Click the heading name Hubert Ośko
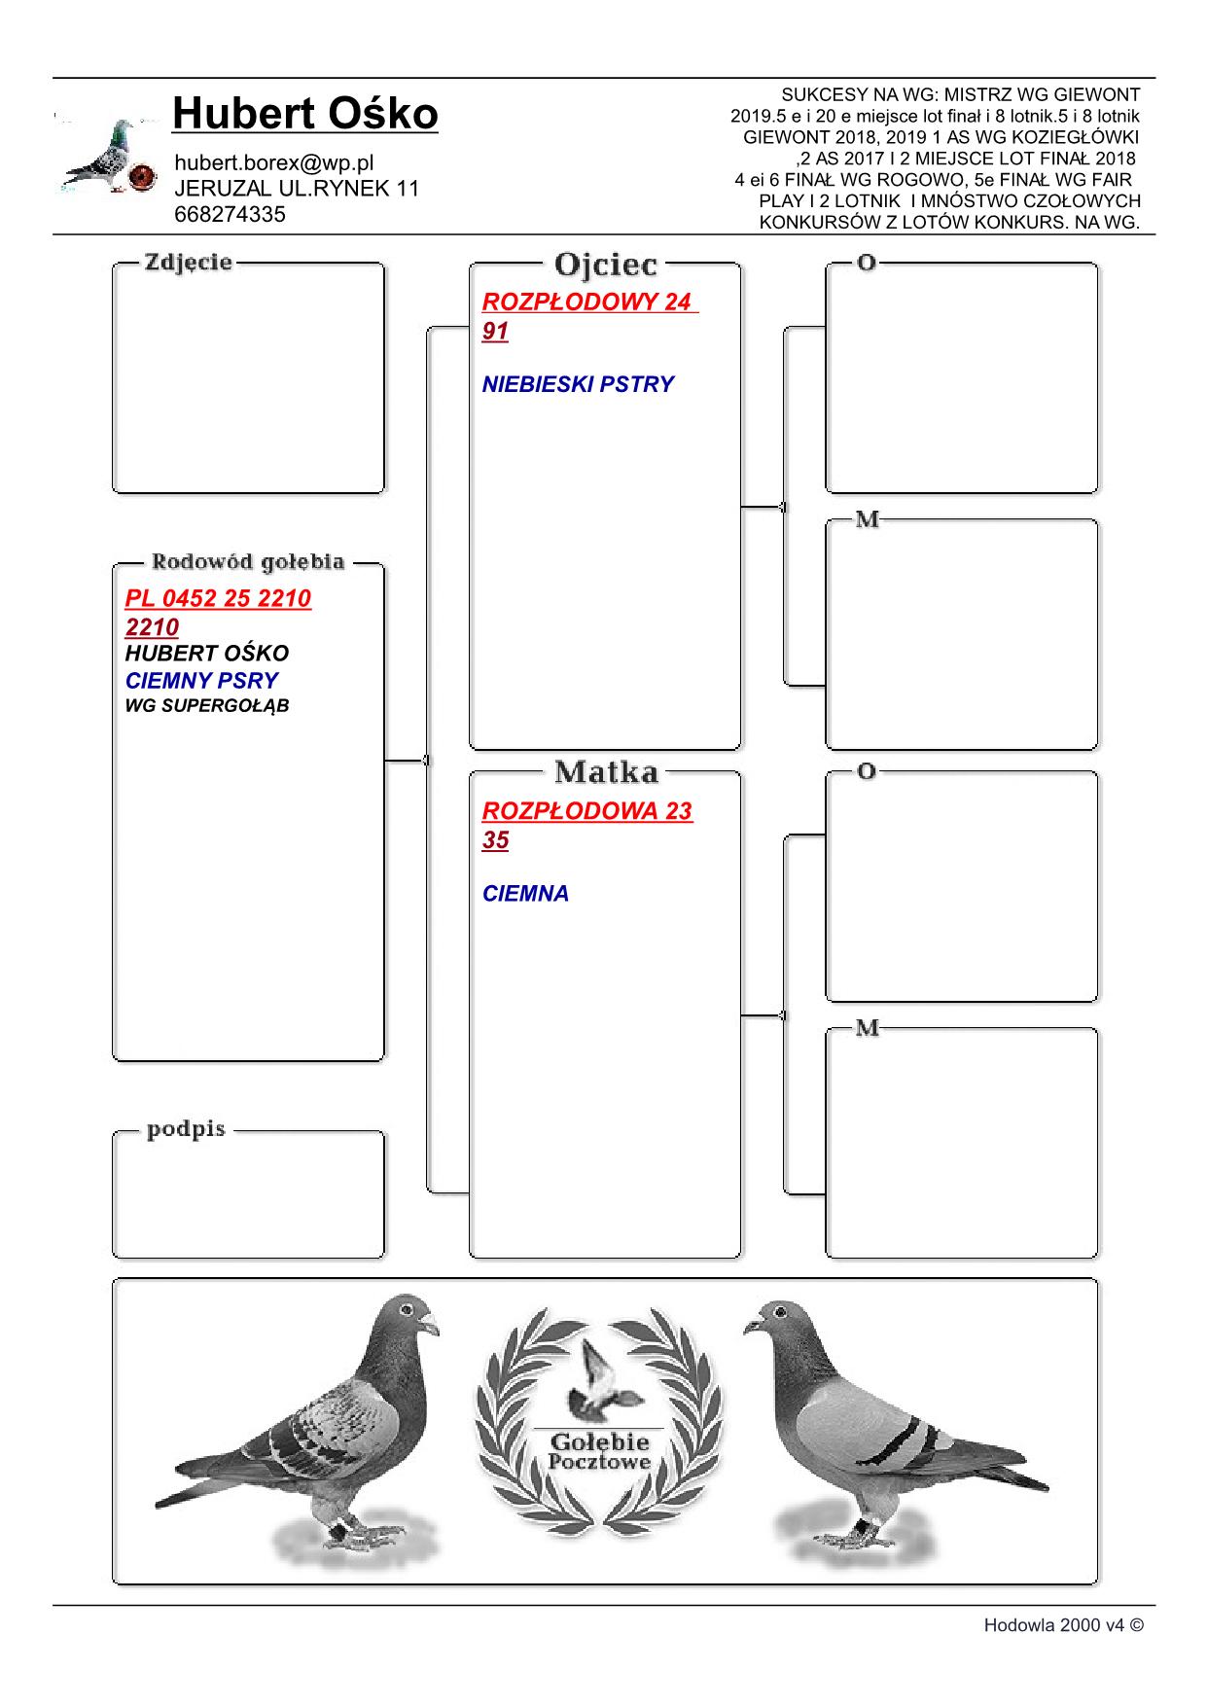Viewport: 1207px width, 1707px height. point(304,115)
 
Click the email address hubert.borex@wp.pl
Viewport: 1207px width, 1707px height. point(273,162)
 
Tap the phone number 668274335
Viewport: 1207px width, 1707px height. point(230,215)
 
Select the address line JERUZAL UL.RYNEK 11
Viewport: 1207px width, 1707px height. point(297,189)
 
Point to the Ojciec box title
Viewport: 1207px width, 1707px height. point(605,265)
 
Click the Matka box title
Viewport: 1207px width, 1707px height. point(606,772)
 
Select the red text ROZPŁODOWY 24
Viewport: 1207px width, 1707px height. point(586,302)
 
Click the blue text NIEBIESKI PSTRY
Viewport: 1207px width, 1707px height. point(578,384)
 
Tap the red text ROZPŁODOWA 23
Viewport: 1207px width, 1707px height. point(587,811)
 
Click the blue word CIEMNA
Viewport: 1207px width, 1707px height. point(525,894)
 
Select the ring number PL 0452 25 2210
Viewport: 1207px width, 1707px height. point(218,598)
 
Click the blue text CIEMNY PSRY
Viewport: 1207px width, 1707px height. point(201,681)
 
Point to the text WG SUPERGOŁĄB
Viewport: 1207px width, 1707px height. point(207,706)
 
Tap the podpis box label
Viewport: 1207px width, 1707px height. point(186,1129)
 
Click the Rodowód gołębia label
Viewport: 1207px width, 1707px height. point(247,562)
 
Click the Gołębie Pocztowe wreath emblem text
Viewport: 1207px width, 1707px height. point(599,1450)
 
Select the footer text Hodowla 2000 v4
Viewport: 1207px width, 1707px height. point(1062,1624)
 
